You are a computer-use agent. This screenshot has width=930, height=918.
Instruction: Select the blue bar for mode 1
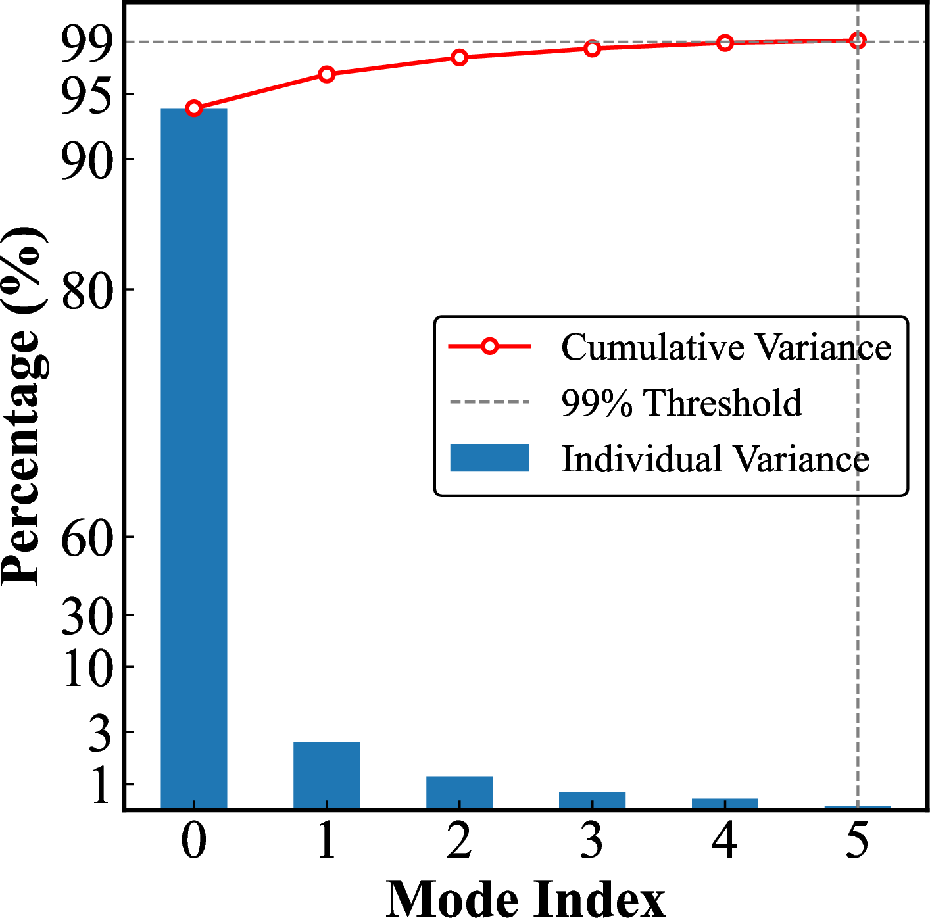click(327, 775)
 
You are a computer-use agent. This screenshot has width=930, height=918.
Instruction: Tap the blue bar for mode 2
click(460, 792)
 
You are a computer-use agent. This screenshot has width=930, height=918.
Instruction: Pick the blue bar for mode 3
click(593, 800)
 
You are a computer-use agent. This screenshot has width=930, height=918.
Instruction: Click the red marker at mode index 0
click(194, 109)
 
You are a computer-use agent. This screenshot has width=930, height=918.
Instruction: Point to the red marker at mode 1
click(327, 74)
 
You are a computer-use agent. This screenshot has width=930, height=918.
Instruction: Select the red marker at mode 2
click(460, 58)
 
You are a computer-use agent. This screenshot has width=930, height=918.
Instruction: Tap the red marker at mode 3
click(593, 49)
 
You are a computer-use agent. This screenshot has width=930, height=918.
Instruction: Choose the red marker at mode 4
click(725, 43)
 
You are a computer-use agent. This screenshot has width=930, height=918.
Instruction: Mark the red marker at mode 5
click(857, 41)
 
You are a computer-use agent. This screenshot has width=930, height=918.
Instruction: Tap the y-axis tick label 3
click(101, 734)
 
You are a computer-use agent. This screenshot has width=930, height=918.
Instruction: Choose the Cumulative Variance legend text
click(726, 347)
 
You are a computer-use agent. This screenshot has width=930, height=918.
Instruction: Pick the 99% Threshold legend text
click(681, 402)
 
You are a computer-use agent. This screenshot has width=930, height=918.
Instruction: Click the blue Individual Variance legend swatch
click(490, 458)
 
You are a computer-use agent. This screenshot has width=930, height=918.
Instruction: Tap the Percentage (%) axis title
click(25, 406)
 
